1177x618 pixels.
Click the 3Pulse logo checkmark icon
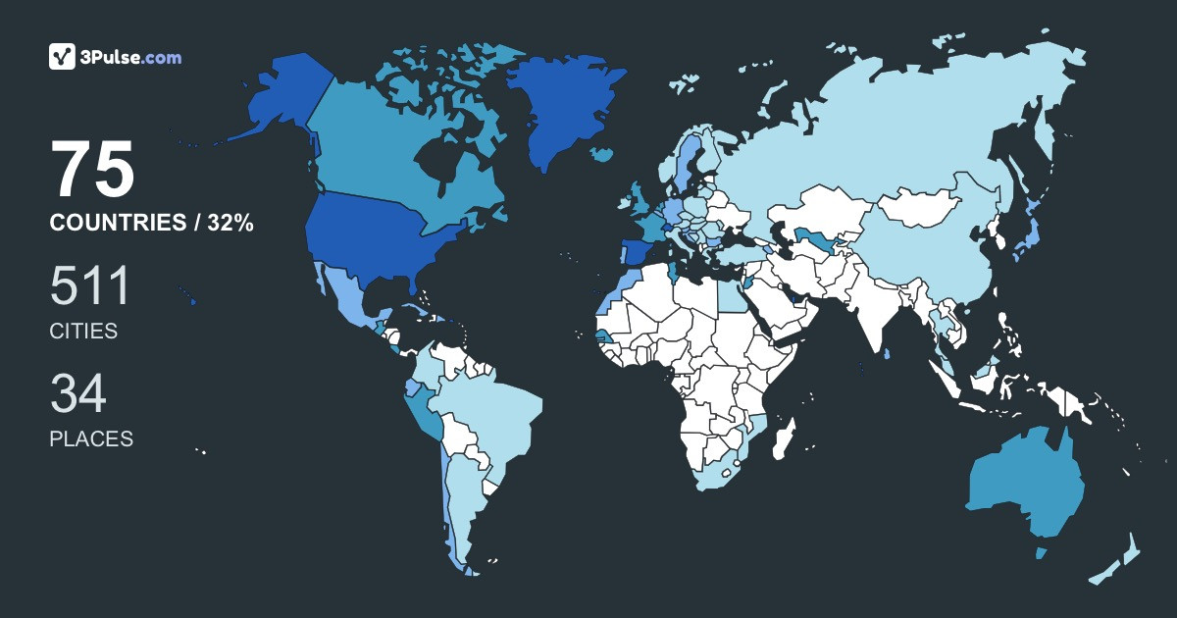63,57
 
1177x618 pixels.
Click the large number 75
92,170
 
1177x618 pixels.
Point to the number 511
89,287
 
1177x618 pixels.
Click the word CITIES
83,332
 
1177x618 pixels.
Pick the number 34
77,394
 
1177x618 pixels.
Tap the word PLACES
91,439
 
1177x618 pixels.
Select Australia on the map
1025,486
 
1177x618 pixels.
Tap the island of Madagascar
783,438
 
